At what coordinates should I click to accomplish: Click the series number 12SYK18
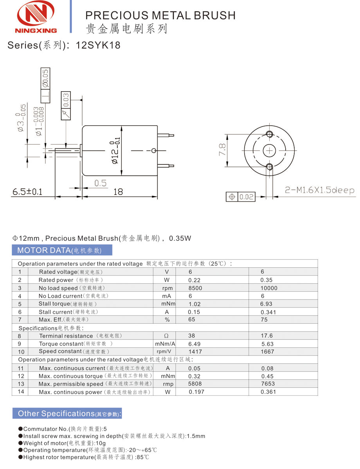click(98, 45)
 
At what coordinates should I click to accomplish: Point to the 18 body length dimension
click(118, 191)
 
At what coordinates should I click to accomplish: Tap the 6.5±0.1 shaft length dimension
click(27, 191)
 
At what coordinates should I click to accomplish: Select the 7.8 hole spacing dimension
click(222, 150)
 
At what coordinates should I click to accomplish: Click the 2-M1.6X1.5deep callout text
click(320, 190)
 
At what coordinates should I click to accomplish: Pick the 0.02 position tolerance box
click(241, 197)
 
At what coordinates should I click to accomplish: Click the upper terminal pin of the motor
click(166, 135)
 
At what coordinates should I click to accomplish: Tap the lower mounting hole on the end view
click(269, 166)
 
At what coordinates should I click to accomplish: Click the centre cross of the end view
click(269, 150)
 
